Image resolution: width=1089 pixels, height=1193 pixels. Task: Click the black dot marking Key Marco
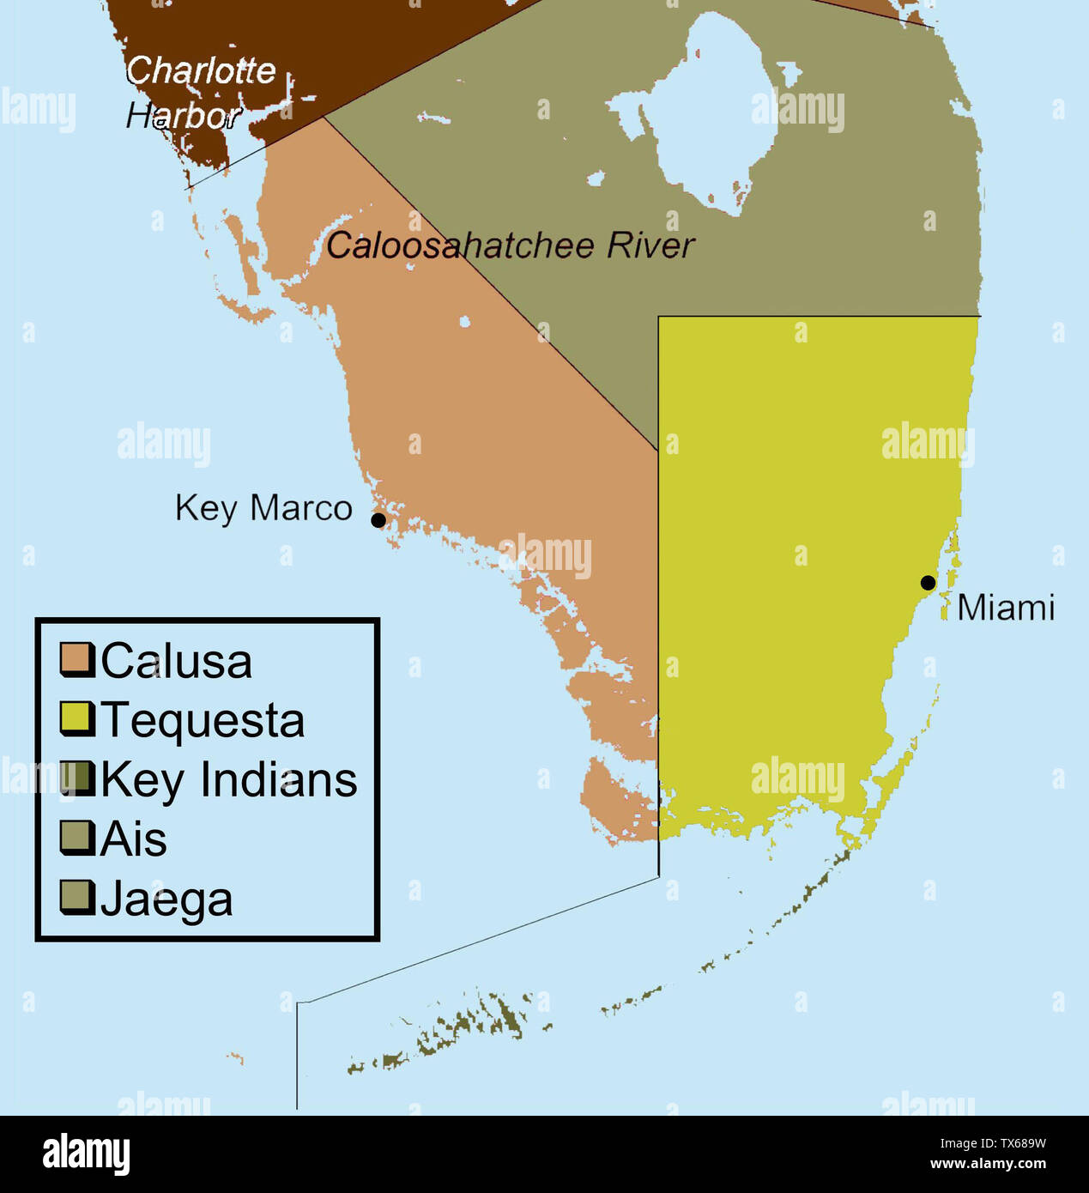coord(378,520)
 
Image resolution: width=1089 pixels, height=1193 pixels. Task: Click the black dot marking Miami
coord(928,583)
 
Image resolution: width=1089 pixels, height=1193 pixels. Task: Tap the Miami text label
coord(1005,608)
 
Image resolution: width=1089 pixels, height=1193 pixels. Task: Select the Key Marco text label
coord(263,508)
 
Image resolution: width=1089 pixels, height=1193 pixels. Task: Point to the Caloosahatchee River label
coord(510,246)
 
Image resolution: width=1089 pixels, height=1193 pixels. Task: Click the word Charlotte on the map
coord(202,70)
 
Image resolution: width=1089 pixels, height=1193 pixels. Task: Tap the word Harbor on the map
coord(183,116)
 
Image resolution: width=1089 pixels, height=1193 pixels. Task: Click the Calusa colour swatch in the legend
coord(76,659)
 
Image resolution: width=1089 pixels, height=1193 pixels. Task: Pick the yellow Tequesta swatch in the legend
coord(76,718)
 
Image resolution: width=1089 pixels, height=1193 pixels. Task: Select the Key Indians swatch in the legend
coord(76,778)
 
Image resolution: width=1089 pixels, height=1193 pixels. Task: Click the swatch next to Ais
coord(76,838)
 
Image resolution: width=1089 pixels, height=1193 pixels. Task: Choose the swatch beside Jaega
coord(76,897)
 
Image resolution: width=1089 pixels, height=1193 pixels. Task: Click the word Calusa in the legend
coord(177,662)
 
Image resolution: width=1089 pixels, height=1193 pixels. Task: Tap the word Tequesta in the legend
coord(203,720)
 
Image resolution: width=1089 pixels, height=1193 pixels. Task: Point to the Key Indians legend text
coord(229,780)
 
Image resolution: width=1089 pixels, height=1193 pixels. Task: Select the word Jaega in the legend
coord(167,900)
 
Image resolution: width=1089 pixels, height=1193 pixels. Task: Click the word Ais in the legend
coord(134,839)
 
